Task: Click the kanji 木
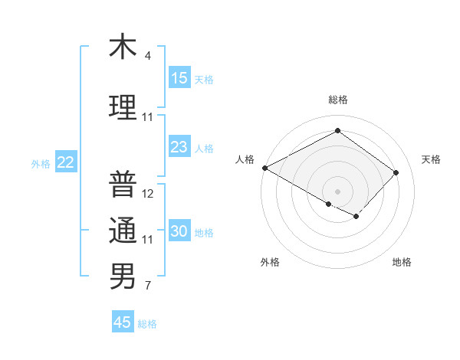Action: click(122, 47)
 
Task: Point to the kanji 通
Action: click(122, 231)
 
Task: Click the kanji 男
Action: click(122, 277)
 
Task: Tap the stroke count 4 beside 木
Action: click(148, 56)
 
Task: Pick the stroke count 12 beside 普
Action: click(149, 194)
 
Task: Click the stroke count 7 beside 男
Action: click(148, 286)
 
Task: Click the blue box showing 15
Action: click(179, 78)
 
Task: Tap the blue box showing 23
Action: click(179, 147)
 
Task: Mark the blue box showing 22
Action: click(65, 162)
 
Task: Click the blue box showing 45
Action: click(123, 322)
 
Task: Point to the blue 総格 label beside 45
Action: click(147, 324)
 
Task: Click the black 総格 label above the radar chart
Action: click(337, 100)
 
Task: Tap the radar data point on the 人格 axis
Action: click(264, 168)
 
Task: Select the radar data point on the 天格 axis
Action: click(396, 172)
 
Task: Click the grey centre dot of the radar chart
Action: click(337, 191)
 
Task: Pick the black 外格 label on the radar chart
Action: click(269, 262)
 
